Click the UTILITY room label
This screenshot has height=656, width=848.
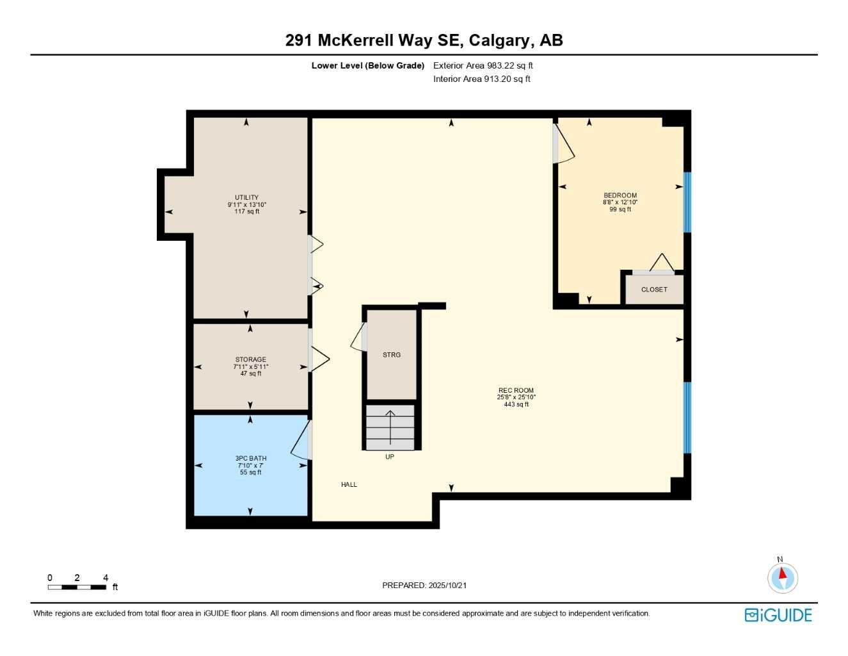click(x=246, y=198)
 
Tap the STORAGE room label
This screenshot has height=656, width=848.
click(x=250, y=360)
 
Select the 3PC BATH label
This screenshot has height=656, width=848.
click(x=250, y=459)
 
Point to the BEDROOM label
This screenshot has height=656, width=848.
click(x=620, y=195)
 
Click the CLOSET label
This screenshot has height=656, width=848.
click(x=654, y=290)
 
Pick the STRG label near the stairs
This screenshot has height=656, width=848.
click(x=391, y=355)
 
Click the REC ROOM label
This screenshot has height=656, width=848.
click(x=516, y=391)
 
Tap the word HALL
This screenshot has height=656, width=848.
click(x=349, y=485)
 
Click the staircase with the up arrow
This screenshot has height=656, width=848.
click(x=390, y=427)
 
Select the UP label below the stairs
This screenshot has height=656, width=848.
click(x=390, y=457)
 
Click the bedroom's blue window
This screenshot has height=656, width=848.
click(x=687, y=202)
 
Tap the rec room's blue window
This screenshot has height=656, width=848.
click(x=687, y=418)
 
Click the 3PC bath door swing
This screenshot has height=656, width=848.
click(x=301, y=441)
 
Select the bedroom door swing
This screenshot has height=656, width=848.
click(x=564, y=144)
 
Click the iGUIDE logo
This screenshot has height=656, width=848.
click(x=778, y=615)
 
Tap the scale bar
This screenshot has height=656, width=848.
click(x=77, y=587)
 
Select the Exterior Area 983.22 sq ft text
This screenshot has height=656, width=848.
click(x=483, y=65)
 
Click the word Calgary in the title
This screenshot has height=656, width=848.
click(x=499, y=40)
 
